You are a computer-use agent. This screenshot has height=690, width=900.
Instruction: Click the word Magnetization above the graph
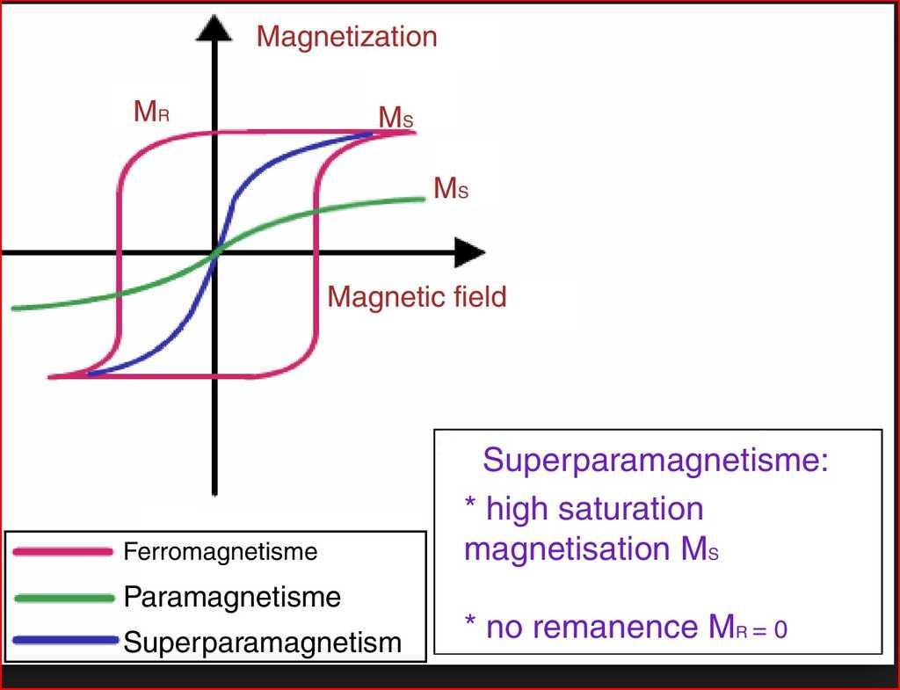(x=346, y=37)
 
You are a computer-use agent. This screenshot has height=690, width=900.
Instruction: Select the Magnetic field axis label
(x=417, y=297)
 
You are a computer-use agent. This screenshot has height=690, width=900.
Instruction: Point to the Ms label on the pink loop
(x=396, y=118)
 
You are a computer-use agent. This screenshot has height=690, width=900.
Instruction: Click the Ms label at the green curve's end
(x=450, y=188)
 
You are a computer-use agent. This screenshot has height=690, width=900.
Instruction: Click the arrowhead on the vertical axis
(x=214, y=28)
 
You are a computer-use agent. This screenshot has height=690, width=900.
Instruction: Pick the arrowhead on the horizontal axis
(x=469, y=253)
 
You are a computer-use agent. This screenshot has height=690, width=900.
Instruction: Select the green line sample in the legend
(x=64, y=598)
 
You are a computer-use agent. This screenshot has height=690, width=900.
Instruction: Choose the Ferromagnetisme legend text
(x=221, y=553)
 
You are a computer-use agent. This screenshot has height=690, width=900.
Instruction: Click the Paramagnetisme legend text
(x=232, y=598)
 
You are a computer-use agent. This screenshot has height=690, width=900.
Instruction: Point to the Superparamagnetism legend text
(x=263, y=642)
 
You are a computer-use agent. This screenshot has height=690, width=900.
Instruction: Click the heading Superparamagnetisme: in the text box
(x=656, y=461)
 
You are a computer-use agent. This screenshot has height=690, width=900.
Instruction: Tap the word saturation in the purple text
(x=621, y=509)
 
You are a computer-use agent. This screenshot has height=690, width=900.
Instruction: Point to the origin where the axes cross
(x=214, y=253)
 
